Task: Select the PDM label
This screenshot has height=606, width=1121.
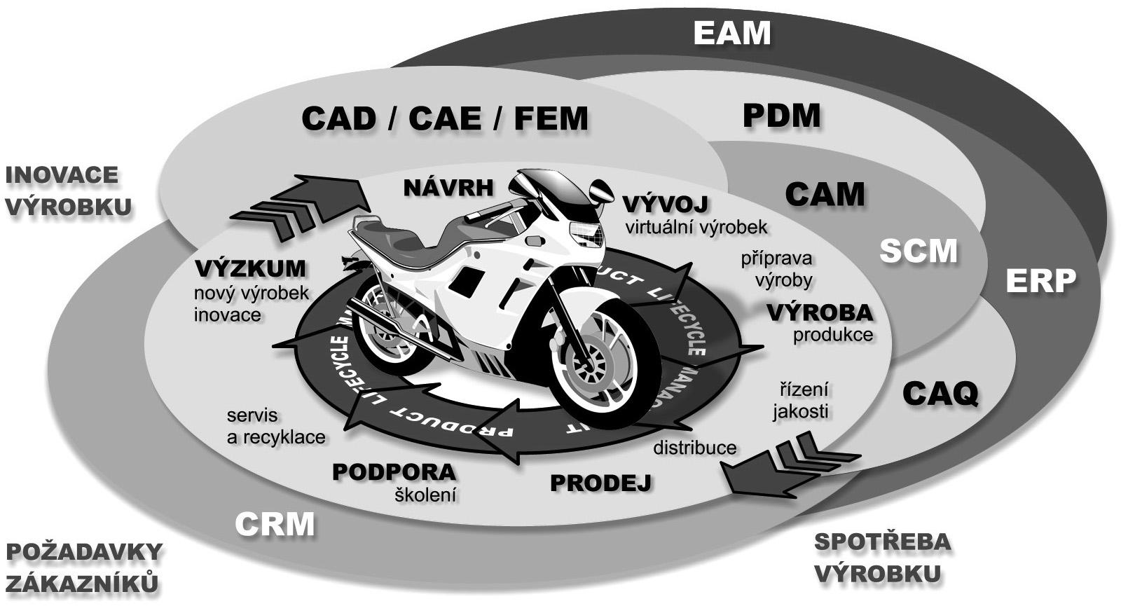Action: tap(781, 116)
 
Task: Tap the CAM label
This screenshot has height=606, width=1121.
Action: tap(825, 194)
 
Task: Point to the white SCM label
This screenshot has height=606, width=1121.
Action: tap(918, 251)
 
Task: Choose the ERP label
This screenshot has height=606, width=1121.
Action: tap(1040, 281)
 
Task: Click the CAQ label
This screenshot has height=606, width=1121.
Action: tap(940, 394)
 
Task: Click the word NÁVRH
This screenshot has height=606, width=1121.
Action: tap(449, 187)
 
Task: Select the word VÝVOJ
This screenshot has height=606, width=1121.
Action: tap(666, 204)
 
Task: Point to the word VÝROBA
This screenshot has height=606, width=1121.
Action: tap(820, 312)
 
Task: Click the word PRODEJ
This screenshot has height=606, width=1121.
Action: tap(600, 483)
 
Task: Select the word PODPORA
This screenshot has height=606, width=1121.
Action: tap(394, 471)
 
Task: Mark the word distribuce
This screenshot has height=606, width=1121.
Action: tap(694, 448)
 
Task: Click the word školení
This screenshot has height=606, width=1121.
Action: tap(425, 495)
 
